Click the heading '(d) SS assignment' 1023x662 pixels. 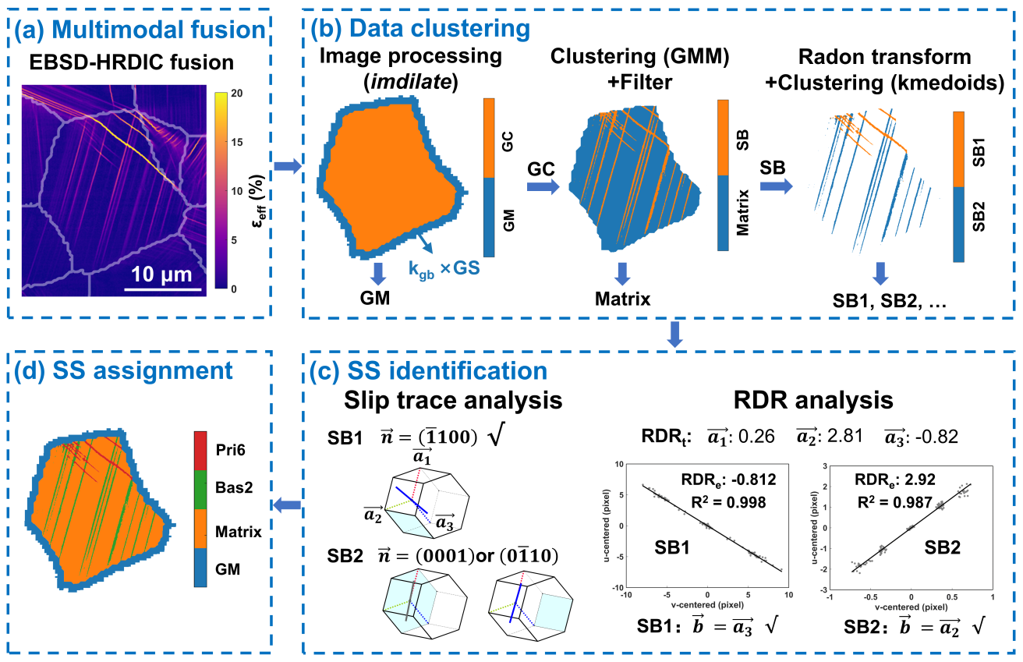tap(118, 370)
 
